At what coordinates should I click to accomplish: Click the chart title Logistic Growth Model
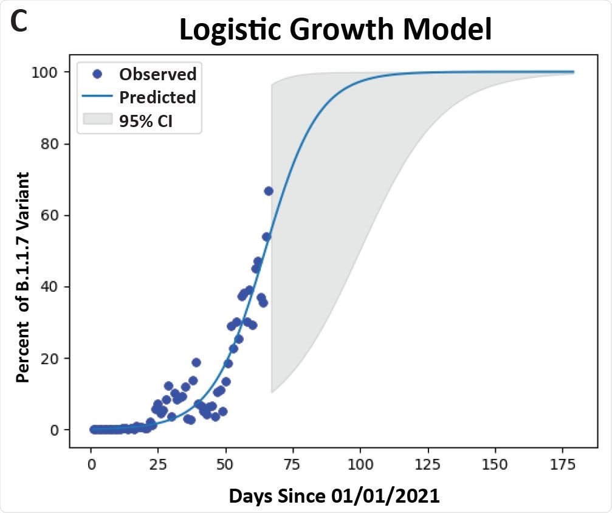click(x=335, y=30)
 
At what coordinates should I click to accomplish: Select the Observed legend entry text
click(x=157, y=74)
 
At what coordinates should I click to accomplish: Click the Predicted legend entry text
click(x=157, y=97)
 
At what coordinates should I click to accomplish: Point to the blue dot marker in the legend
click(x=97, y=74)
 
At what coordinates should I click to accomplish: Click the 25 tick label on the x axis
click(x=158, y=466)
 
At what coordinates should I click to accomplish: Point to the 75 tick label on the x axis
click(x=293, y=466)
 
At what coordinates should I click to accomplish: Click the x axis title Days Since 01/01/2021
click(x=334, y=496)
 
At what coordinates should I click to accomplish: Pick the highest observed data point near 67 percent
click(x=268, y=191)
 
